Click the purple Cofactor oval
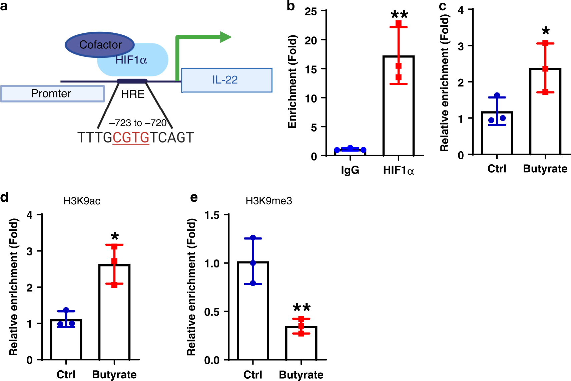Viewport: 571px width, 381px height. (x=99, y=45)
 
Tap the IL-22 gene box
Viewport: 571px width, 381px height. (x=226, y=80)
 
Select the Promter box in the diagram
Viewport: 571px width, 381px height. (x=52, y=93)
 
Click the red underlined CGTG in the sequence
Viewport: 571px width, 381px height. (x=131, y=138)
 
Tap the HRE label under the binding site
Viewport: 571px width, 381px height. (x=133, y=94)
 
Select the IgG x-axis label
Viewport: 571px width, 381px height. (x=350, y=170)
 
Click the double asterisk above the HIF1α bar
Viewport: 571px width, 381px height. (x=399, y=15)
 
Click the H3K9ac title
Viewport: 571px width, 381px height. (x=82, y=201)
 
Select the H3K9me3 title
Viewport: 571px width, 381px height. (x=268, y=201)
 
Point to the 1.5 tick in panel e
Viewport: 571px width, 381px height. (x=212, y=215)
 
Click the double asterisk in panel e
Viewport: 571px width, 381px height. (x=302, y=308)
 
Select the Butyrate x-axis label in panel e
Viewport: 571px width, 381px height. (x=301, y=375)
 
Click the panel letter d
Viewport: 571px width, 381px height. (x=4, y=197)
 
